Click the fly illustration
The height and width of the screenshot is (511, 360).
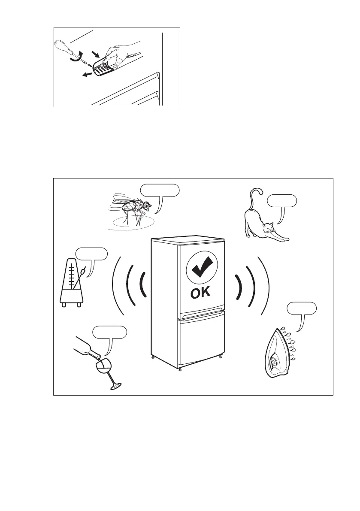(131, 208)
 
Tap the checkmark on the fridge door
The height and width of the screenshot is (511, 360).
(202, 268)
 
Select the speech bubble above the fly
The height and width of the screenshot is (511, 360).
(160, 190)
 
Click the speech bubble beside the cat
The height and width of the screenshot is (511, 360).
(281, 200)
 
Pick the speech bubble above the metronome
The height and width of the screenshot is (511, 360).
(91, 254)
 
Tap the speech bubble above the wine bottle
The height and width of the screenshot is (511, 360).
(110, 332)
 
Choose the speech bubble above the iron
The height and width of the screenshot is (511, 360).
(302, 308)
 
